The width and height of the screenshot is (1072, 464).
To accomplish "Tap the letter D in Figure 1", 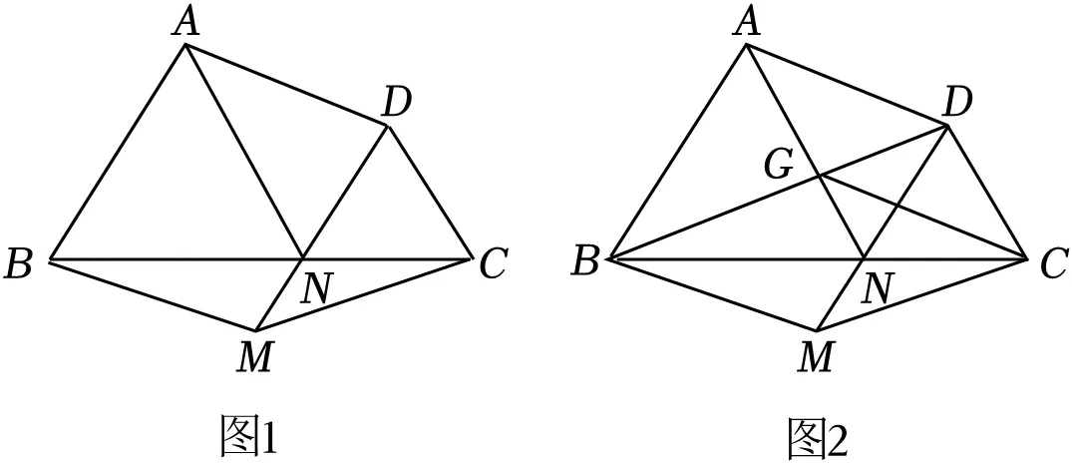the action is [396, 104].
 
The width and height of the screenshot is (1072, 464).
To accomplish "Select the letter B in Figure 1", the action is [19, 264].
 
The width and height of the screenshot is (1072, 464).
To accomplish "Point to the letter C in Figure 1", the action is [493, 264].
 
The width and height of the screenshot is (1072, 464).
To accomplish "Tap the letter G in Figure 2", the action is [779, 167].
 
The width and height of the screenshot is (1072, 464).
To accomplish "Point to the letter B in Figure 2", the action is [585, 264].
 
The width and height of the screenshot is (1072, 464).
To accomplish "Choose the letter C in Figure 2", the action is [1053, 264].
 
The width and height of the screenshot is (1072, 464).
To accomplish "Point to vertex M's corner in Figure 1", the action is [256, 330].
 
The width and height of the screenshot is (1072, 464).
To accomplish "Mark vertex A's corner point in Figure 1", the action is [184, 45].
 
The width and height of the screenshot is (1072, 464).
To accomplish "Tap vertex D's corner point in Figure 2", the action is [947, 126].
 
